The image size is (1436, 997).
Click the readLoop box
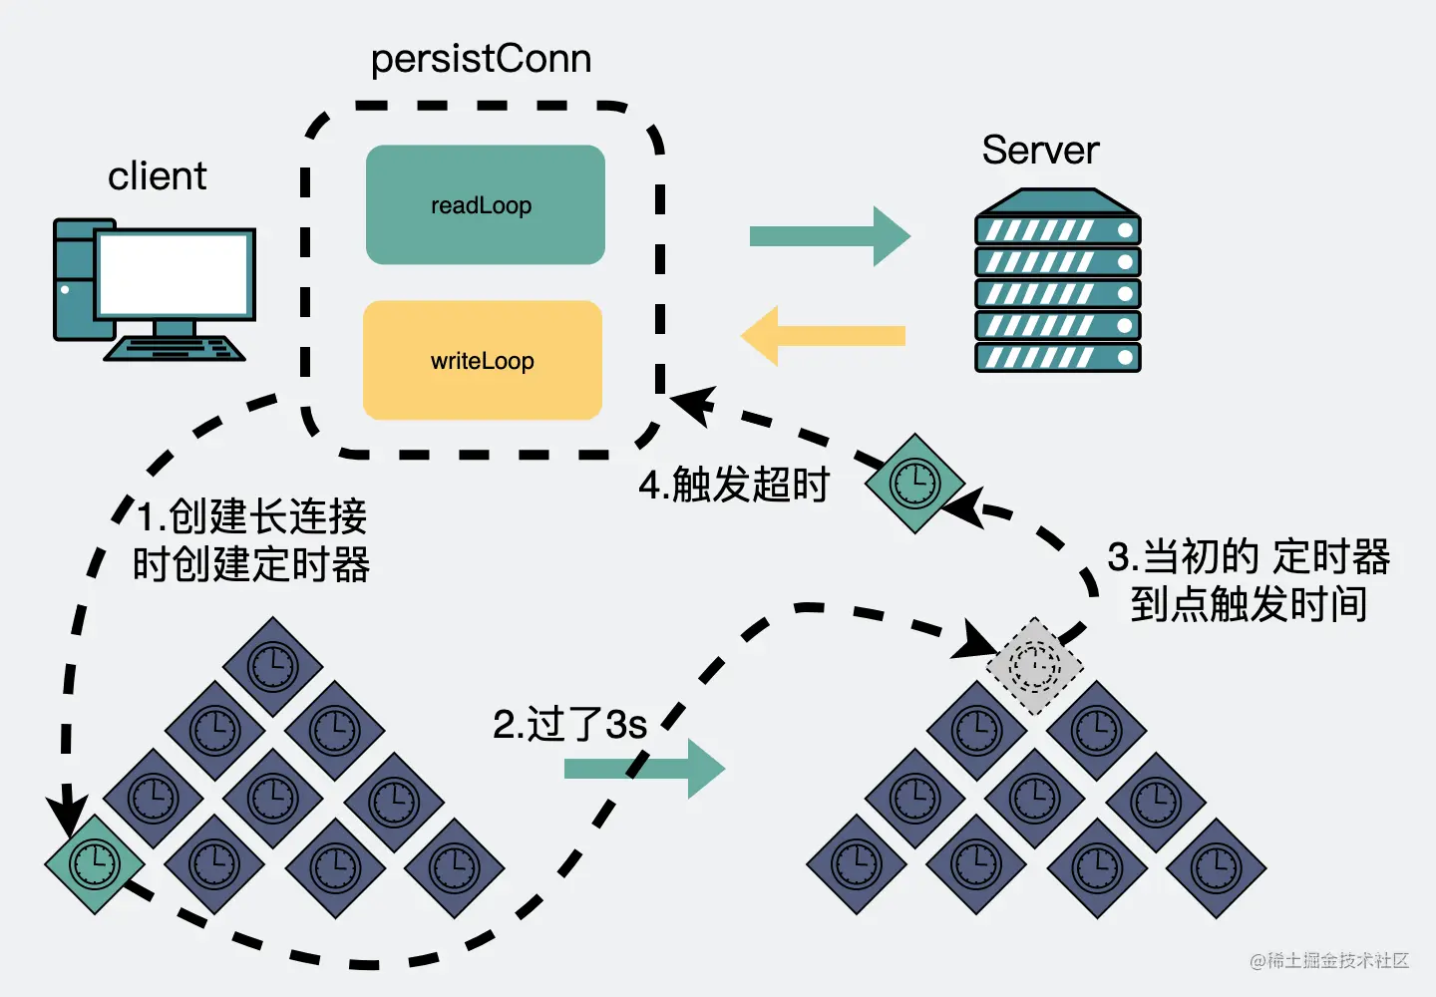pos(485,205)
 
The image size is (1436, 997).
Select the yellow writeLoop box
pos(483,361)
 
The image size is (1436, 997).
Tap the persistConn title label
pos(481,59)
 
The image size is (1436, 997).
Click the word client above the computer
pos(157,176)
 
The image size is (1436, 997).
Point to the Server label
pos(1040,151)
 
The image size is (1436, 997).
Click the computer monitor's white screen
pos(175,273)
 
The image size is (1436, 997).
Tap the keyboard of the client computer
pos(175,349)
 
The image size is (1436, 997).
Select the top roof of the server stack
pos(1057,203)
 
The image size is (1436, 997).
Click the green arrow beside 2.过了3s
pos(644,769)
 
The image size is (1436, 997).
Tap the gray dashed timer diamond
pos(1034,665)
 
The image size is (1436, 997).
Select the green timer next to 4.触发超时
pos(913,484)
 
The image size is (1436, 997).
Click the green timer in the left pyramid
pos(95,863)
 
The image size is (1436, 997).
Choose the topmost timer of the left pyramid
pos(272,665)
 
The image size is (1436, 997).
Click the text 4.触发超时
pos(734,486)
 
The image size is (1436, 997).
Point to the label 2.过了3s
pos(569,725)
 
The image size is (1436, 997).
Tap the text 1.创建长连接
pos(251,516)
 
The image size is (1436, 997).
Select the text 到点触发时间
pos(1249,604)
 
